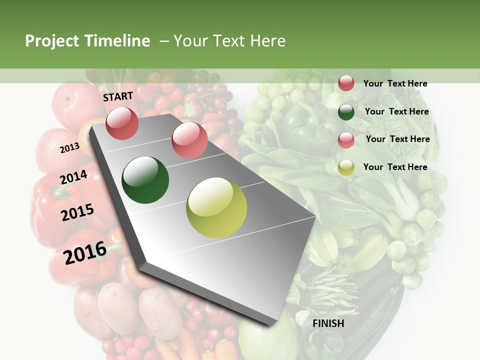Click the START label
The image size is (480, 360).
click(118, 96)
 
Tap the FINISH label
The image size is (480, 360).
click(328, 323)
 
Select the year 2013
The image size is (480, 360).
click(69, 147)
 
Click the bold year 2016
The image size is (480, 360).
click(85, 253)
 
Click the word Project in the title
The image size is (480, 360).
click(51, 41)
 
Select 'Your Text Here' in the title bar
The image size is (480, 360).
click(229, 41)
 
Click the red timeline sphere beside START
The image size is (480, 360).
click(122, 123)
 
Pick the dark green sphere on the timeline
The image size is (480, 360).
click(145, 180)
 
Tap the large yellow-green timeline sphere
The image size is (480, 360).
click(216, 207)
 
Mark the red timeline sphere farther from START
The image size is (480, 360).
click(189, 139)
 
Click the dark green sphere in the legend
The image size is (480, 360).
click(346, 112)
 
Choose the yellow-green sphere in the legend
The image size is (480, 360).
click(346, 167)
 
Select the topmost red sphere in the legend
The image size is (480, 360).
click(346, 83)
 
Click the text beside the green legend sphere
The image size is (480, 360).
click(397, 111)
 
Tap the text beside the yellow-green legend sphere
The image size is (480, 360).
click(395, 167)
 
